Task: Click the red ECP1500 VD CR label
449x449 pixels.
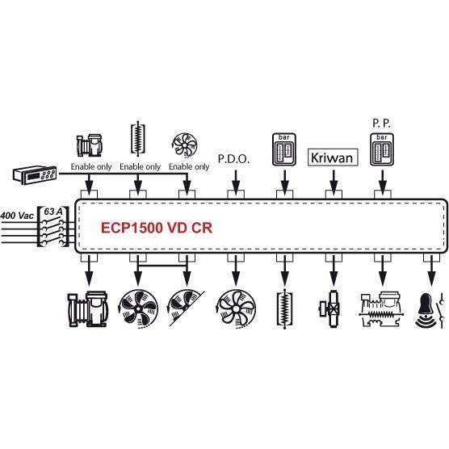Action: click(x=157, y=228)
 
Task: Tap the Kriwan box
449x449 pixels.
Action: click(x=333, y=157)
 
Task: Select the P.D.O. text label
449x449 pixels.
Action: click(x=233, y=159)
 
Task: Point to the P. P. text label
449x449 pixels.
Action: click(x=381, y=124)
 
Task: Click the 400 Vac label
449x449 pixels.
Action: click(x=17, y=216)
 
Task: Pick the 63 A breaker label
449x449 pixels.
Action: click(x=53, y=212)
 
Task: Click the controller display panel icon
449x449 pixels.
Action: click(x=35, y=174)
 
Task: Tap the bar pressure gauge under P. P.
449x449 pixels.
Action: click(x=382, y=149)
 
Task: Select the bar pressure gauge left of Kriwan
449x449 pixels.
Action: click(x=284, y=149)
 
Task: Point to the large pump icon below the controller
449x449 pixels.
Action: click(x=88, y=309)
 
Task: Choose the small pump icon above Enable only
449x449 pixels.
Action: click(x=89, y=145)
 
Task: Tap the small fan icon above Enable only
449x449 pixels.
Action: click(x=186, y=145)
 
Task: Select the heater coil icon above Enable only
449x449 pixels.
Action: click(x=138, y=139)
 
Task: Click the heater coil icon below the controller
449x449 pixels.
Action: click(x=284, y=309)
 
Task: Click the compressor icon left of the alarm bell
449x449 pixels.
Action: click(x=382, y=310)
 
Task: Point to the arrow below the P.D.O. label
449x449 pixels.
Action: click(x=236, y=182)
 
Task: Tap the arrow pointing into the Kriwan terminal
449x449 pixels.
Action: click(x=334, y=182)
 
